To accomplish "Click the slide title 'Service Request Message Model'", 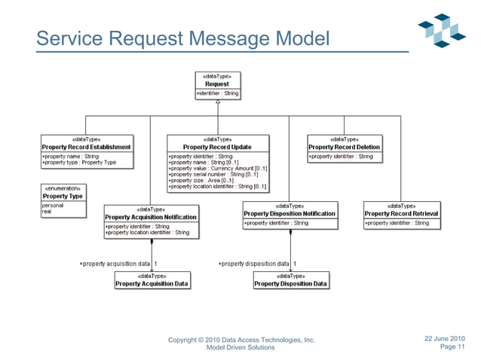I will [183, 37].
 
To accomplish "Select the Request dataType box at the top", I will [217, 84].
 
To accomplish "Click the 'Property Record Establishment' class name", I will [87, 147].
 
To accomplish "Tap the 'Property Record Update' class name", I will [217, 147].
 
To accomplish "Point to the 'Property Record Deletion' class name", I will [345, 147].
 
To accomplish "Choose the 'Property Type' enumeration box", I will [63, 196].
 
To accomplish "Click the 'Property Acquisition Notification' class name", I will [152, 217].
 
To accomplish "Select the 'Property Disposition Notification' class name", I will [290, 214].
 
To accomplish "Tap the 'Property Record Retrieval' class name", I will [402, 214].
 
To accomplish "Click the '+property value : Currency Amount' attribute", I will [216, 169].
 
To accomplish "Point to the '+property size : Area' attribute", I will [201, 181].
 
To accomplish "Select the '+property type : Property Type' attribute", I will [79, 163].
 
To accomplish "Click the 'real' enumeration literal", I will [47, 212].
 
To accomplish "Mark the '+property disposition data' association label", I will [253, 264].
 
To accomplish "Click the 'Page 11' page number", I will [452, 347].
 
